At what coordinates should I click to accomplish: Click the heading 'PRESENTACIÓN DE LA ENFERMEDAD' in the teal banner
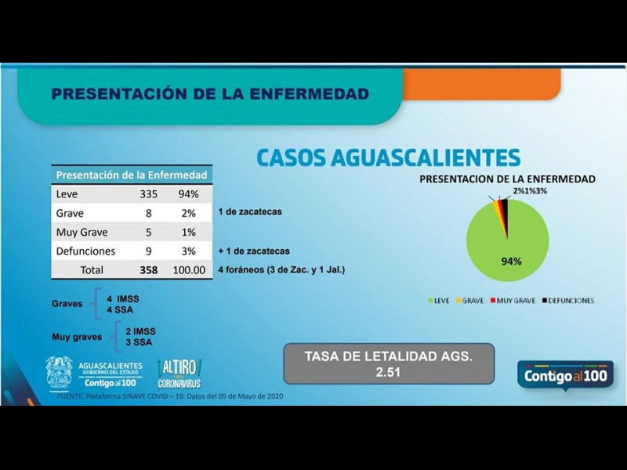click(209, 94)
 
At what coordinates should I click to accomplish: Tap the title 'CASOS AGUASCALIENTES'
click(388, 157)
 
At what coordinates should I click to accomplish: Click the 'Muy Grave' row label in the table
click(82, 232)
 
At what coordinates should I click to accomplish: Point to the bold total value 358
click(147, 270)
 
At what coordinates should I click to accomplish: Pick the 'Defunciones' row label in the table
click(85, 251)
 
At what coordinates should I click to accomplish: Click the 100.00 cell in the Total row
click(189, 270)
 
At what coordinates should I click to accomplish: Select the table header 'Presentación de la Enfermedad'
click(132, 175)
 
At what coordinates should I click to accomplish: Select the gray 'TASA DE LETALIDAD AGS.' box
click(389, 363)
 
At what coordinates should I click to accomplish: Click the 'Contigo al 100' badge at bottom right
click(565, 375)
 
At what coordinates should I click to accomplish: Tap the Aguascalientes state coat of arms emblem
click(59, 373)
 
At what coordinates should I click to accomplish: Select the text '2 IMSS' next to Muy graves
click(139, 331)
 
